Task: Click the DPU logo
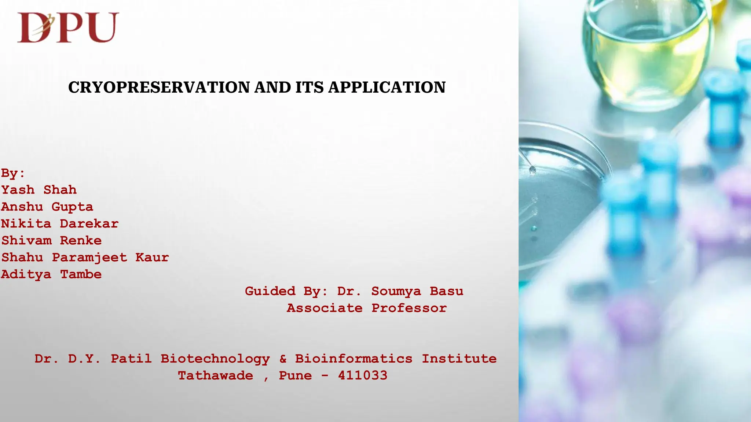pyautogui.click(x=68, y=27)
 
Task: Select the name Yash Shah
pyautogui.click(x=39, y=190)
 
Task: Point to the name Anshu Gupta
pyautogui.click(x=47, y=207)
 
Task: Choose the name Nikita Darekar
pyautogui.click(x=60, y=223)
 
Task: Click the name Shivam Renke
pyautogui.click(x=51, y=240)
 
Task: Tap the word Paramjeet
pyautogui.click(x=89, y=258)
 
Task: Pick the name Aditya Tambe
pyautogui.click(x=51, y=274)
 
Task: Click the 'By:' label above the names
pyautogui.click(x=13, y=173)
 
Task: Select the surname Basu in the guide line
pyautogui.click(x=446, y=291)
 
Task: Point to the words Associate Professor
pyautogui.click(x=367, y=308)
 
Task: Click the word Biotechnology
pyautogui.click(x=215, y=359)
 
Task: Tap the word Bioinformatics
pyautogui.click(x=353, y=359)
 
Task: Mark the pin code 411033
pyautogui.click(x=362, y=375)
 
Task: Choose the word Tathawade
pyautogui.click(x=215, y=375)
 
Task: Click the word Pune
pyautogui.click(x=295, y=375)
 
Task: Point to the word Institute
pyautogui.click(x=459, y=359)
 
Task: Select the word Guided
pyautogui.click(x=270, y=291)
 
